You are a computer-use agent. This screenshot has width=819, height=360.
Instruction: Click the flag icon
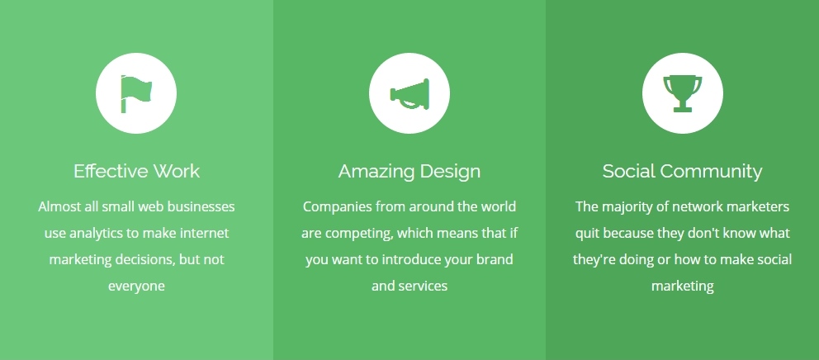(x=135, y=93)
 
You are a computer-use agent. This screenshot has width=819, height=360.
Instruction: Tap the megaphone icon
(x=409, y=94)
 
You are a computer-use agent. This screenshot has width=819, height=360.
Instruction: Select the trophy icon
(x=682, y=93)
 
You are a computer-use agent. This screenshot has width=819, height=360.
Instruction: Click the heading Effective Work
(x=136, y=172)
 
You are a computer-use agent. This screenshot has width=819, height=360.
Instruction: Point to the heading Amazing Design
(x=409, y=172)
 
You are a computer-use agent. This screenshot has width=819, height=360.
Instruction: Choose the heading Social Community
(x=682, y=172)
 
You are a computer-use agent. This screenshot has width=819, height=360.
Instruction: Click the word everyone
(x=136, y=287)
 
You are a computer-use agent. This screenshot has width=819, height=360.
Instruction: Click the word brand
(x=495, y=260)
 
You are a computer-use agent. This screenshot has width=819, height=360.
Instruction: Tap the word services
(x=424, y=287)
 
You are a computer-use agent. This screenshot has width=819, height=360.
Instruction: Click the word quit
(x=585, y=234)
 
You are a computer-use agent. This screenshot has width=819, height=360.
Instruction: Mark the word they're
(x=594, y=260)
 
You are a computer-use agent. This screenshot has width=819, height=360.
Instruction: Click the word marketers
(x=760, y=207)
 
